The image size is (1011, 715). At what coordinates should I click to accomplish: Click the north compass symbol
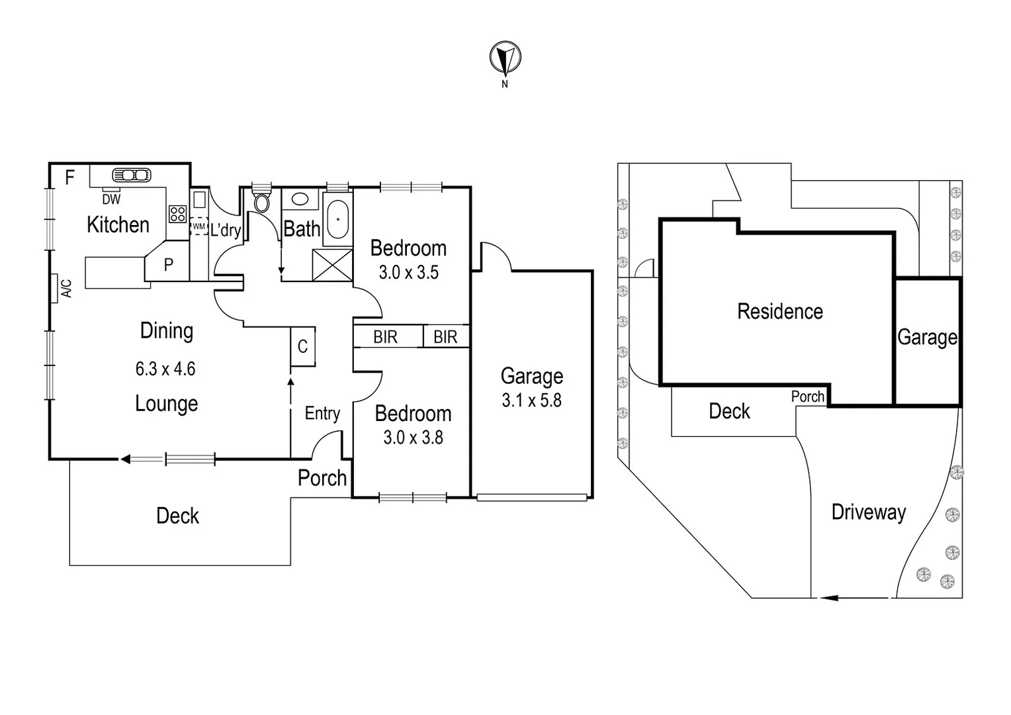(x=505, y=58)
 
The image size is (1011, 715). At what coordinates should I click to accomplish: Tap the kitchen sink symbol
(x=132, y=175)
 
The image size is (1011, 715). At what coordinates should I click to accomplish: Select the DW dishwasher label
(x=111, y=199)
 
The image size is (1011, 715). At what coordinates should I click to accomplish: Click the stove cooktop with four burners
(x=177, y=214)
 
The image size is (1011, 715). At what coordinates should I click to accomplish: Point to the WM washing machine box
(x=198, y=226)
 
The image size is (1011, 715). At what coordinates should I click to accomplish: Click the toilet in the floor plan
(x=261, y=201)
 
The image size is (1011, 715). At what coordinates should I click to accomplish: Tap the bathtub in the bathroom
(x=337, y=219)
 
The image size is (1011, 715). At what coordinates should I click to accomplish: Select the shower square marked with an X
(x=332, y=265)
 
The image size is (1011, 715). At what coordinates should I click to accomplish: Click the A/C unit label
(x=66, y=288)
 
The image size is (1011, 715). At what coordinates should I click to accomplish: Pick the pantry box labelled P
(x=168, y=265)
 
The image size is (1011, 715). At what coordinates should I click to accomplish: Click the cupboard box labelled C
(x=302, y=346)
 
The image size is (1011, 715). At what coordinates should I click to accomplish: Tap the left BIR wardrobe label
(x=385, y=337)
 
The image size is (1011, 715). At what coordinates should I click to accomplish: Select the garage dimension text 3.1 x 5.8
(x=531, y=401)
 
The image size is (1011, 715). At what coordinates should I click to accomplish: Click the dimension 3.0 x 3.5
(x=408, y=272)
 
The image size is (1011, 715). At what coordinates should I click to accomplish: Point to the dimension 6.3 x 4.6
(x=165, y=369)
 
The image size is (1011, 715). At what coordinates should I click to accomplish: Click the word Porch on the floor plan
(x=322, y=478)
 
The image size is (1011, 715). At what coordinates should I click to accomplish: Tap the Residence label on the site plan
(x=780, y=311)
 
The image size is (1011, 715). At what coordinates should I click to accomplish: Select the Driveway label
(x=868, y=512)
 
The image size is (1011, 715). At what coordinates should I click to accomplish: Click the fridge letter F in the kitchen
(x=69, y=177)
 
